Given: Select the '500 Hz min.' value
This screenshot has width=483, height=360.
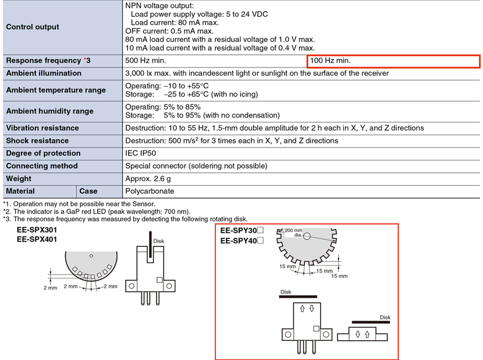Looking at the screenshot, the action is tap(145, 61).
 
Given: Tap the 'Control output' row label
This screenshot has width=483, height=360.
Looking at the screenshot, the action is tap(33, 27).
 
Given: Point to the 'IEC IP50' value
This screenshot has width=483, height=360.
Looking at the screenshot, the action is tap(140, 153).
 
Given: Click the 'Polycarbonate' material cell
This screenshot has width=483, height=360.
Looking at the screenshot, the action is tap(150, 191).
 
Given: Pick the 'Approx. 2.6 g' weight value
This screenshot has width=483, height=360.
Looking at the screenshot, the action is tap(148, 179).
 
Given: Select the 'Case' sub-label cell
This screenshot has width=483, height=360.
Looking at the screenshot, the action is tap(88, 191).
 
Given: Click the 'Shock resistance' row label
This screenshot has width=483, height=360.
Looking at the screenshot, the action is tap(37, 140).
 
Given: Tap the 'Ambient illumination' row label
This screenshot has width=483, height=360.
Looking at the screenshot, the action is tap(44, 73).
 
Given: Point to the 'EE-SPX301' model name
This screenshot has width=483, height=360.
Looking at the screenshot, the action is tap(37, 230).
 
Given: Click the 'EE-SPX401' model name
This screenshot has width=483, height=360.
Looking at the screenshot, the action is tap(37, 239).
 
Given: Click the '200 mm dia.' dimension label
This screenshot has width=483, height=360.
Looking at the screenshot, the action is tap(293, 232).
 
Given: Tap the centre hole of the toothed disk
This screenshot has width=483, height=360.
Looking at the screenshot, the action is tap(307, 237).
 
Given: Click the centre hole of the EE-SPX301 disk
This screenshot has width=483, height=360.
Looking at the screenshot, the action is tap(91, 256).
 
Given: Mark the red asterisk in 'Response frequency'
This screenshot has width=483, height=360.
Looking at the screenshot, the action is tap(85, 59).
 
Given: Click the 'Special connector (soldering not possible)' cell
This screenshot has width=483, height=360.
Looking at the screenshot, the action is tap(196, 166).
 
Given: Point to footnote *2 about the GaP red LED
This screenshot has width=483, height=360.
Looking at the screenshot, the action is tap(97, 211).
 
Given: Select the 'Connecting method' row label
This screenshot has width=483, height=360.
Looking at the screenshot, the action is tap(42, 166).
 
